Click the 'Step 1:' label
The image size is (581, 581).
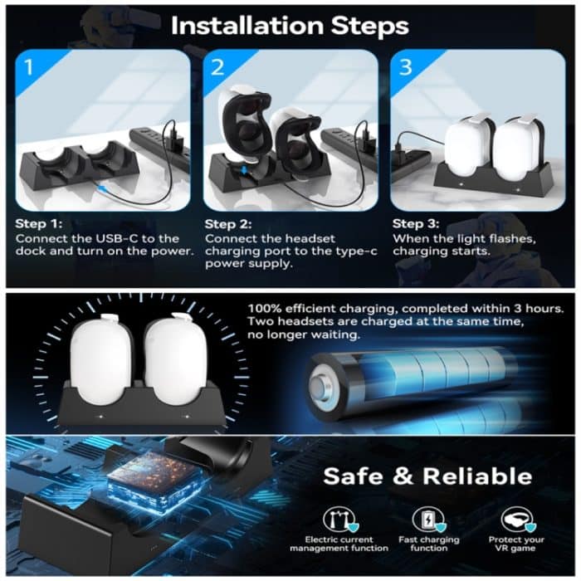tap(40, 224)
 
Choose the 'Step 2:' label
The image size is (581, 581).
tap(227, 224)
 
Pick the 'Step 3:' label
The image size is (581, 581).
tap(416, 224)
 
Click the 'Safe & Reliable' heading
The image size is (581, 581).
tap(427, 476)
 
